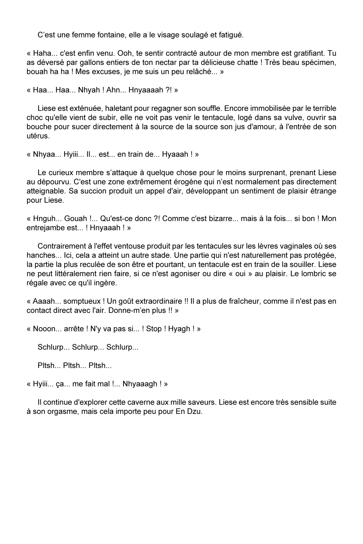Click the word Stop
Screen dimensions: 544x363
click(154, 329)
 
